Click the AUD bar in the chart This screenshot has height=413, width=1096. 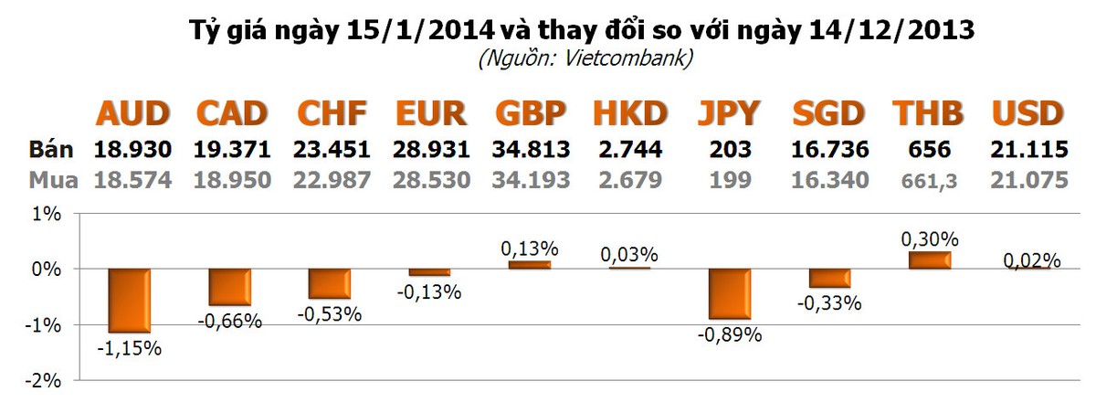point(129,300)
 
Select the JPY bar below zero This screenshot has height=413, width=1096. point(730,293)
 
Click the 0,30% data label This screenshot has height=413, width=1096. point(930,239)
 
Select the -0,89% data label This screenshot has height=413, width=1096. point(730,334)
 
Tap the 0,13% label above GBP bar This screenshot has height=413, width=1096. point(530,249)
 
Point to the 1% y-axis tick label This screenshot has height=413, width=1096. point(47,215)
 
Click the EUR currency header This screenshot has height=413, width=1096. point(430,114)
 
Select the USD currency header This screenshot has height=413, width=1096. point(1028,114)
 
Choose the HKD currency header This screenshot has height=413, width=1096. point(630,114)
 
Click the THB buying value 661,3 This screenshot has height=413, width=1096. point(929,181)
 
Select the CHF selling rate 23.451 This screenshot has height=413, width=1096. point(332,150)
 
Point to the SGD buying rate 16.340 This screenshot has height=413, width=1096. point(829,180)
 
